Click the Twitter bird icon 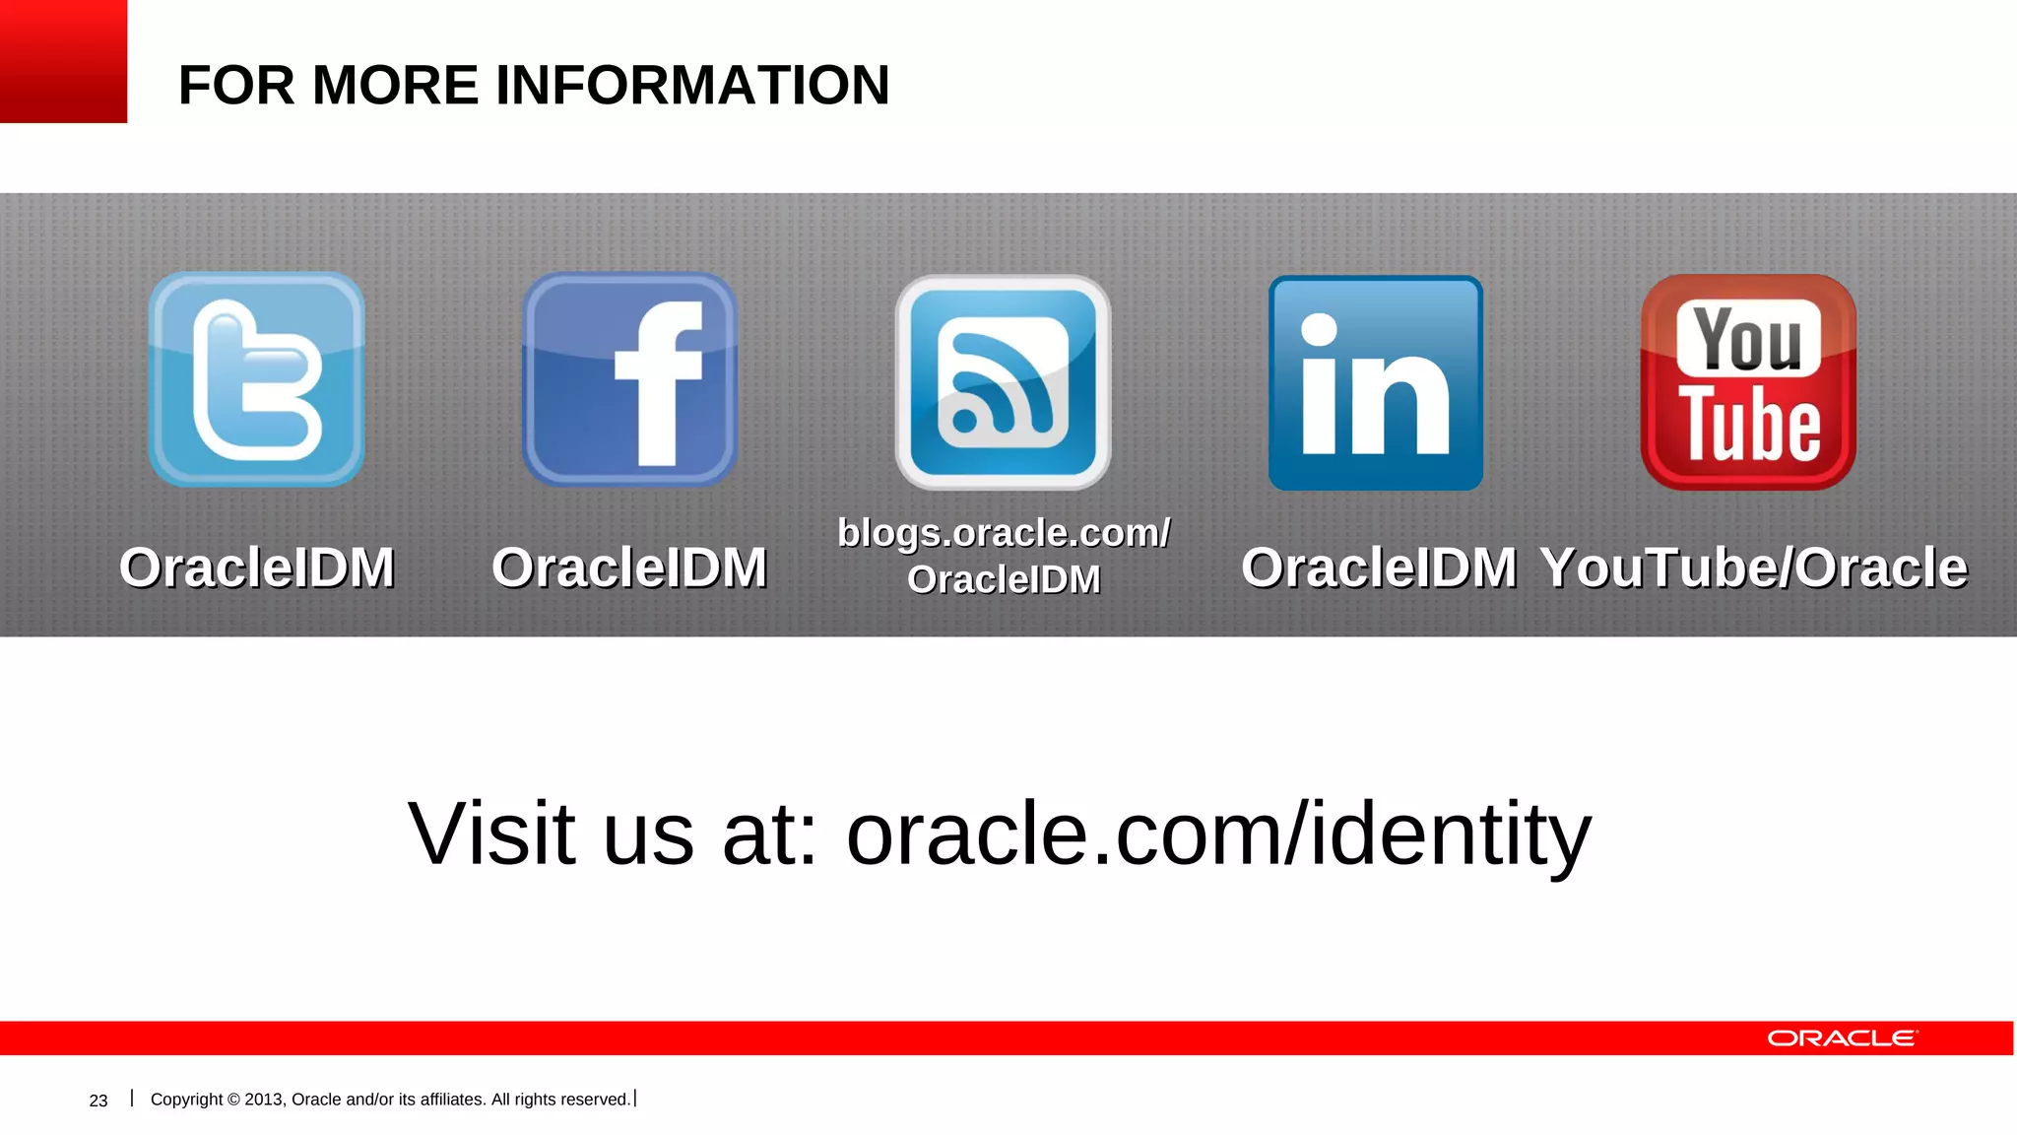pos(256,380)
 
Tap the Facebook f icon pos(629,380)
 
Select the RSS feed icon pos(1003,382)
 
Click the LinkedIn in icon pos(1376,383)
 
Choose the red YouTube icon pos(1748,382)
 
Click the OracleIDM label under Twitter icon pos(256,567)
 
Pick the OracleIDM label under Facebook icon pos(629,567)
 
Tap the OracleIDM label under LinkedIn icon pos(1378,567)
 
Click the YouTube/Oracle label pos(1754,567)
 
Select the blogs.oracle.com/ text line pos(1004,533)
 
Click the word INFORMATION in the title pos(692,85)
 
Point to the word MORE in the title pos(395,85)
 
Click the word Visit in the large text pos(490,834)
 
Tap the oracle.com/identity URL pos(1218,834)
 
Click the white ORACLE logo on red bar pos(1842,1038)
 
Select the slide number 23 pos(98,1101)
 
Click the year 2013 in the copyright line pos(263,1100)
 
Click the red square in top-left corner pos(63,61)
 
